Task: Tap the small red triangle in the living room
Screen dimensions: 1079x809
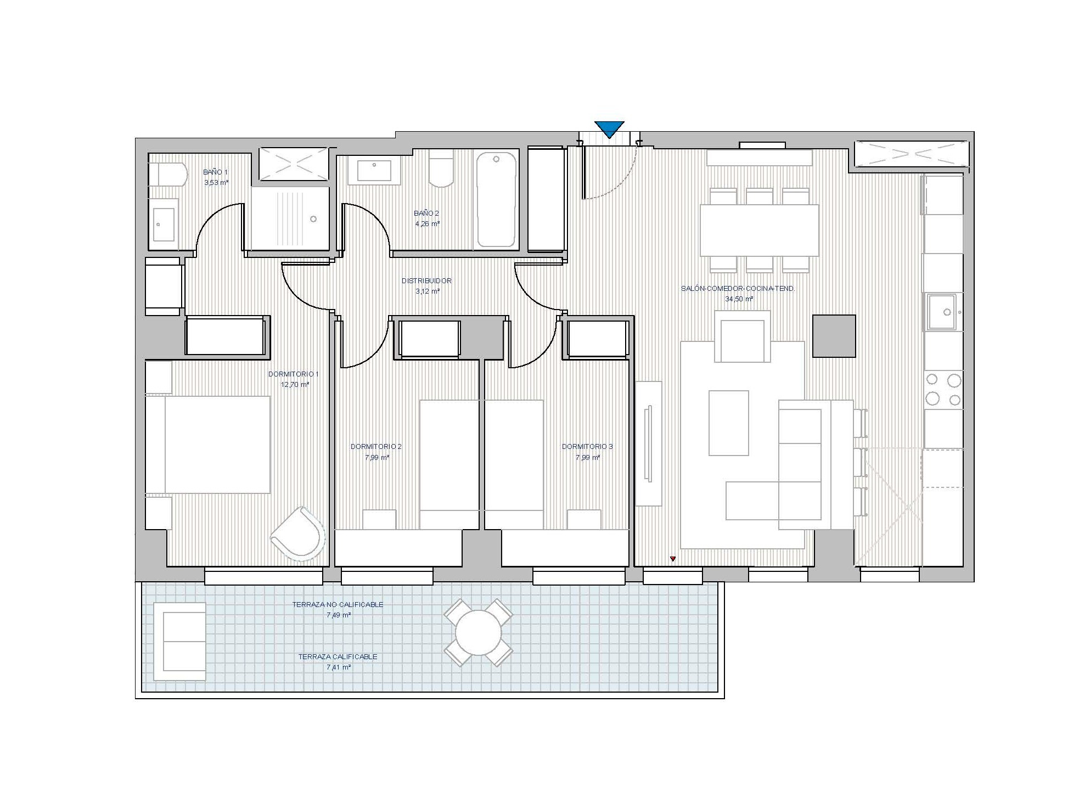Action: [x=673, y=559]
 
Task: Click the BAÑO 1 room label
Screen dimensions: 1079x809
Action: [x=215, y=172]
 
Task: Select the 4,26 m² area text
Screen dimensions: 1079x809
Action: [x=427, y=224]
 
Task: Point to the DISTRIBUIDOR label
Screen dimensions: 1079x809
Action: [x=426, y=280]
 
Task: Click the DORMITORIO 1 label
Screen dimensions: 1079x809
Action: [x=293, y=374]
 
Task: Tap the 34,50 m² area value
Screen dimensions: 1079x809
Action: [x=739, y=299]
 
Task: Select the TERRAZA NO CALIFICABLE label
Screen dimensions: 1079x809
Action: [x=338, y=605]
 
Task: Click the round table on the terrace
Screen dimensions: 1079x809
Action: [x=479, y=632]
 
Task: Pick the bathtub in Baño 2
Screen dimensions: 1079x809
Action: [x=496, y=199]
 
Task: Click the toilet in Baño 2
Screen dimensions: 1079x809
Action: [x=441, y=168]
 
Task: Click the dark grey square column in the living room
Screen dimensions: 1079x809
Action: [x=834, y=336]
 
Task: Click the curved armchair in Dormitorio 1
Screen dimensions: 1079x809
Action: [x=298, y=533]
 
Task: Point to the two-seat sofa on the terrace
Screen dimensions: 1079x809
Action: [x=179, y=642]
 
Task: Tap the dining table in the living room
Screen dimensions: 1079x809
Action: [x=759, y=231]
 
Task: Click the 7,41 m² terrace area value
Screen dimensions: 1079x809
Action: [x=339, y=667]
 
